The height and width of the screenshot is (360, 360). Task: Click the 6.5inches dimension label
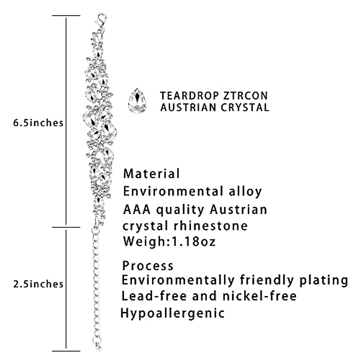pyautogui.click(x=38, y=123)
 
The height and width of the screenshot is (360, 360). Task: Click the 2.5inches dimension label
pyautogui.click(x=38, y=283)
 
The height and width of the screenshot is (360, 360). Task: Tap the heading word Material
pyautogui.click(x=151, y=173)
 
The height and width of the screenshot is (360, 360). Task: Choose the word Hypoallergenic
pyautogui.click(x=172, y=313)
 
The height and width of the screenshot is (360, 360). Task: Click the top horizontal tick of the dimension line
pyautogui.click(x=66, y=15)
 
